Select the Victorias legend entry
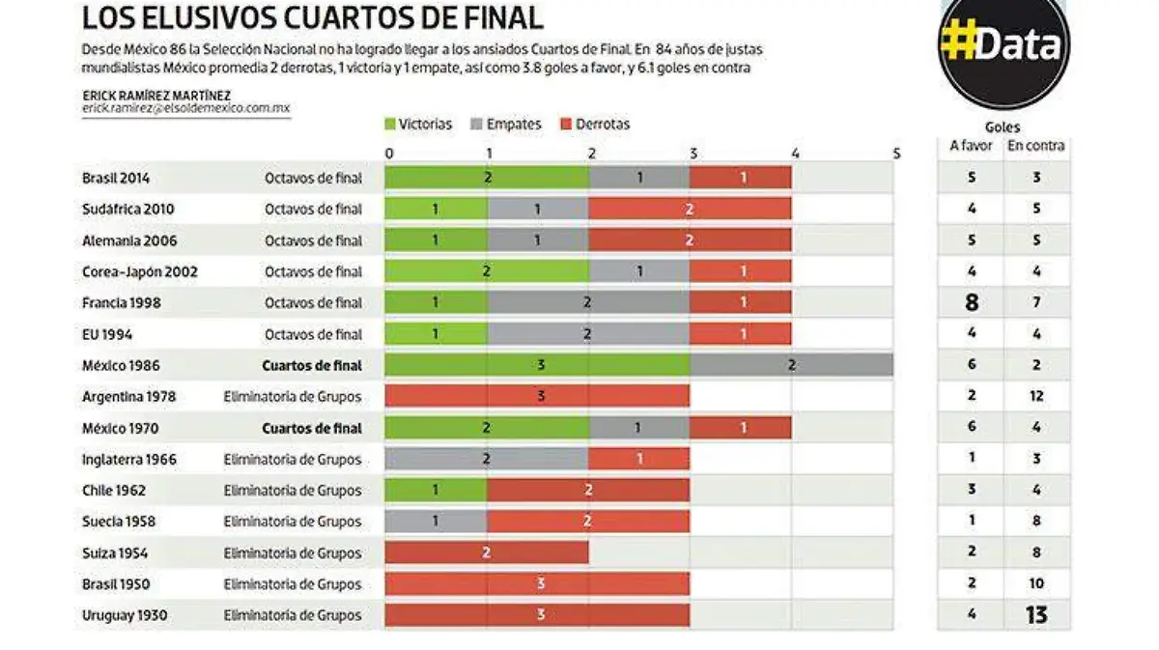coord(418,124)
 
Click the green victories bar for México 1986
coord(537,365)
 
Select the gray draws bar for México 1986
coord(791,365)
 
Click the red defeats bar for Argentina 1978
coord(537,396)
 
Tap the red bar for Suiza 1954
coord(487,552)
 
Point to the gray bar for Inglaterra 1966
coord(487,459)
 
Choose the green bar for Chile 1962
coord(436,490)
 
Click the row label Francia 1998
coord(122,302)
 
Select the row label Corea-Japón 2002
coord(140,271)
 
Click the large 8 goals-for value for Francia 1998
coord(971,302)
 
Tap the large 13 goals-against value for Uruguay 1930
coord(1036,615)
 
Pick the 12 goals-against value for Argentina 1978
coord(1036,396)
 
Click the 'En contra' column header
coord(1036,146)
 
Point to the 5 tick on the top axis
coord(896,153)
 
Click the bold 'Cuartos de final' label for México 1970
coord(313,428)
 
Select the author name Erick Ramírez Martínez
coord(155,95)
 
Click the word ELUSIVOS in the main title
coord(219,17)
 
